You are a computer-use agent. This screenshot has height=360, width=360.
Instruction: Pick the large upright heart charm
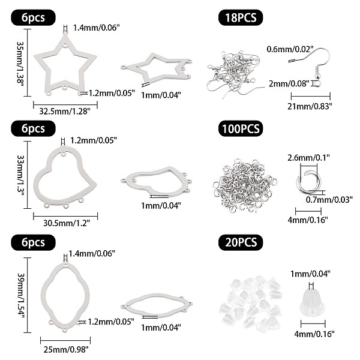64,174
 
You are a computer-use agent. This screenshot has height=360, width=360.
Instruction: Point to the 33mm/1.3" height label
20,174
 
